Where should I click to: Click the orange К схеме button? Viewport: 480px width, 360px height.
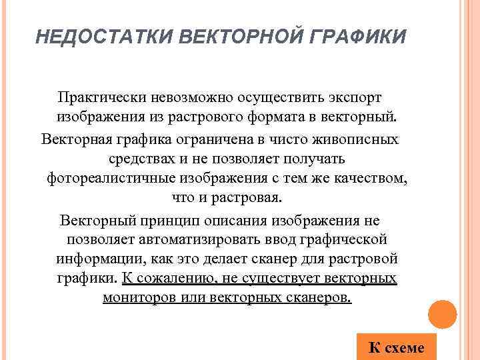click(396, 347)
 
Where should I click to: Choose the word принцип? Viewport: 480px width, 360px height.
click(173, 219)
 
